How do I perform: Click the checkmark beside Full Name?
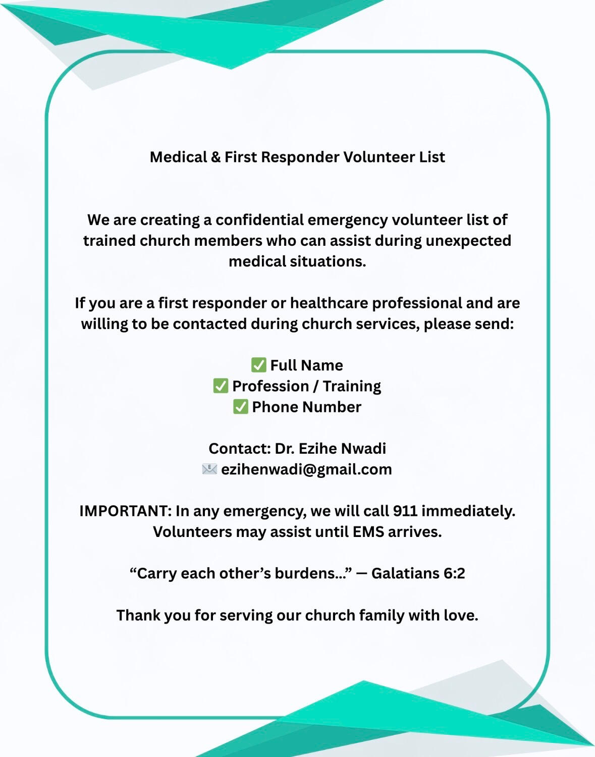(x=258, y=365)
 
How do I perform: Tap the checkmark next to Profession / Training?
(x=221, y=386)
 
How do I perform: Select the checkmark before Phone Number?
(x=240, y=407)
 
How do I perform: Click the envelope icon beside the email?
(x=209, y=469)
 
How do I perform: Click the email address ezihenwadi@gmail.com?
(x=306, y=469)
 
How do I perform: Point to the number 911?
(x=405, y=511)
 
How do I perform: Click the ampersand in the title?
(x=215, y=157)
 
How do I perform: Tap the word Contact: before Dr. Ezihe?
(x=240, y=448)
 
